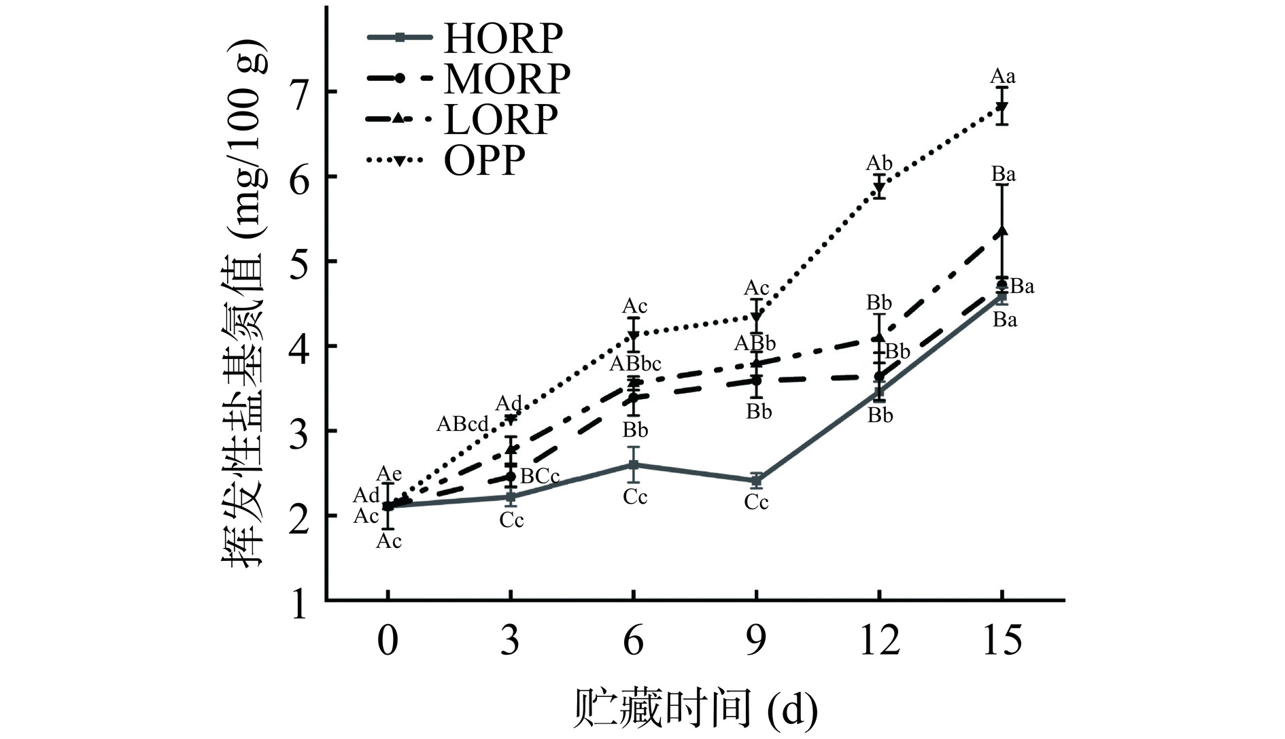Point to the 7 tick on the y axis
[x=300, y=92]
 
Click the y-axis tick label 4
[x=300, y=347]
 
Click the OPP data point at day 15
[x=1001, y=107]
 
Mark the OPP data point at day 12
[x=879, y=187]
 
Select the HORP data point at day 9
[x=756, y=481]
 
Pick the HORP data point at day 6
[x=633, y=465]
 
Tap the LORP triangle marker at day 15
[x=1001, y=233]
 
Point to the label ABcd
[x=462, y=424]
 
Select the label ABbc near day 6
[x=634, y=364]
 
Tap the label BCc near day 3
[x=539, y=477]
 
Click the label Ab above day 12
[x=878, y=163]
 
